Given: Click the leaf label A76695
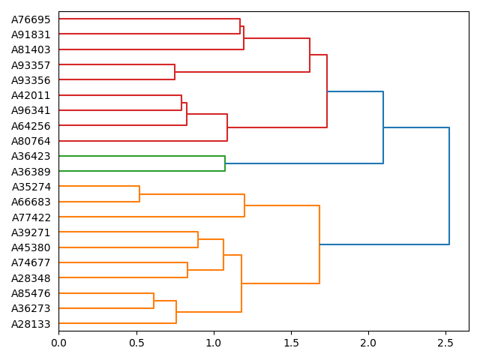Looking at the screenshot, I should (31, 19).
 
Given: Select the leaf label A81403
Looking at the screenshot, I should (31, 49).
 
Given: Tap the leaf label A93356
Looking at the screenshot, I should (31, 80).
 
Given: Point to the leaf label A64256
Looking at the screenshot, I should (31, 125).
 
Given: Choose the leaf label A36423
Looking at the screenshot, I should (31, 156).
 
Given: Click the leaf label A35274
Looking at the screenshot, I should (31, 187).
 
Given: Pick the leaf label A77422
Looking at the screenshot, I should (31, 217).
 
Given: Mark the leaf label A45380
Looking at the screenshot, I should (31, 247).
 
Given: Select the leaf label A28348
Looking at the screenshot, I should (31, 278).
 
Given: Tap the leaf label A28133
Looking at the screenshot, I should (31, 323).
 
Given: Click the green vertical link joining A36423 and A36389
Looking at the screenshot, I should (225, 163).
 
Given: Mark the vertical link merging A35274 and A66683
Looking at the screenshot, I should (139, 194).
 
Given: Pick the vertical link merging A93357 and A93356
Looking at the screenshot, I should (175, 72).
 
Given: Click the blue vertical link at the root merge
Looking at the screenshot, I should (449, 186).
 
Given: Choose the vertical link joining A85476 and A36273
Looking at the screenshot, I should (154, 301).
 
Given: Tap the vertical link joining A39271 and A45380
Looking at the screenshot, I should (198, 240).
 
